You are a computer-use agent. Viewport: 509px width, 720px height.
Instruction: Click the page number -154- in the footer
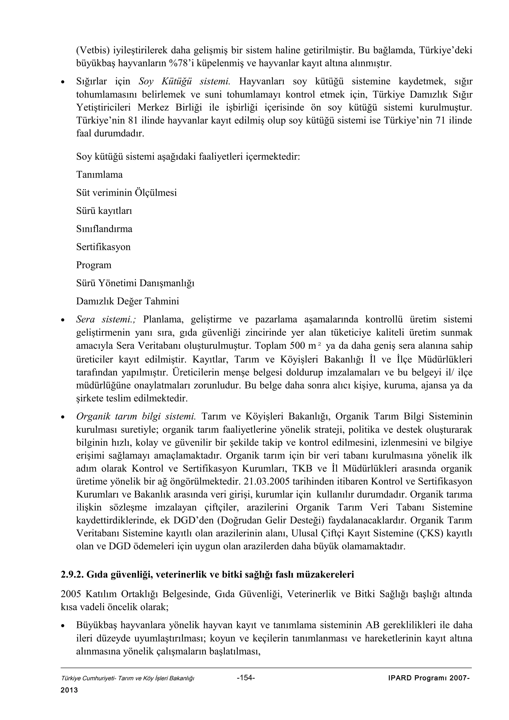(246, 678)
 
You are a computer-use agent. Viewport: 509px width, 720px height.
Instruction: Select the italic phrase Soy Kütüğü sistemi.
(184, 81)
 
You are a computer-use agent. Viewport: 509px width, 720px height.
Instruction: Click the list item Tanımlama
(99, 175)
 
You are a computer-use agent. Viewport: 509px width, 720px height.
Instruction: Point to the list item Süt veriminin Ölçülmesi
(127, 193)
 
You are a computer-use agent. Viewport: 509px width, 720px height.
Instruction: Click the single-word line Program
(94, 265)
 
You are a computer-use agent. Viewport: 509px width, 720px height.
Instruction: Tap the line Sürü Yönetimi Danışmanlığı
(135, 283)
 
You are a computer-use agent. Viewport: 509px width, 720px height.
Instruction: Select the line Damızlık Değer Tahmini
(128, 301)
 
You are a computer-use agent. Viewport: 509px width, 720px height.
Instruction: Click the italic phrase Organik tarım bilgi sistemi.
(136, 416)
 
